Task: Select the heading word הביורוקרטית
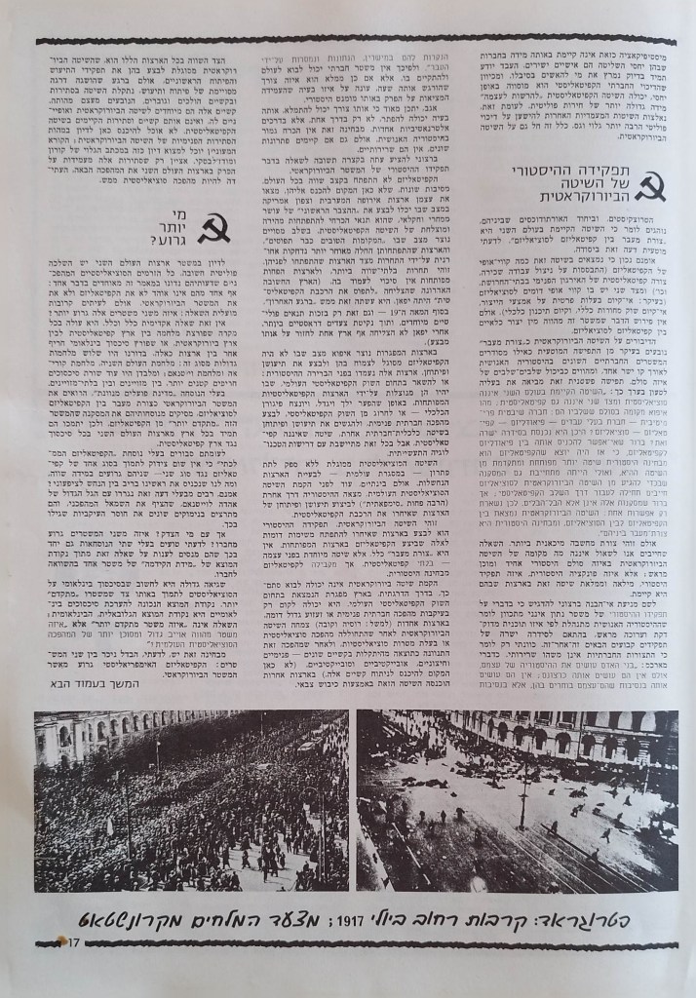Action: (x=571, y=202)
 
